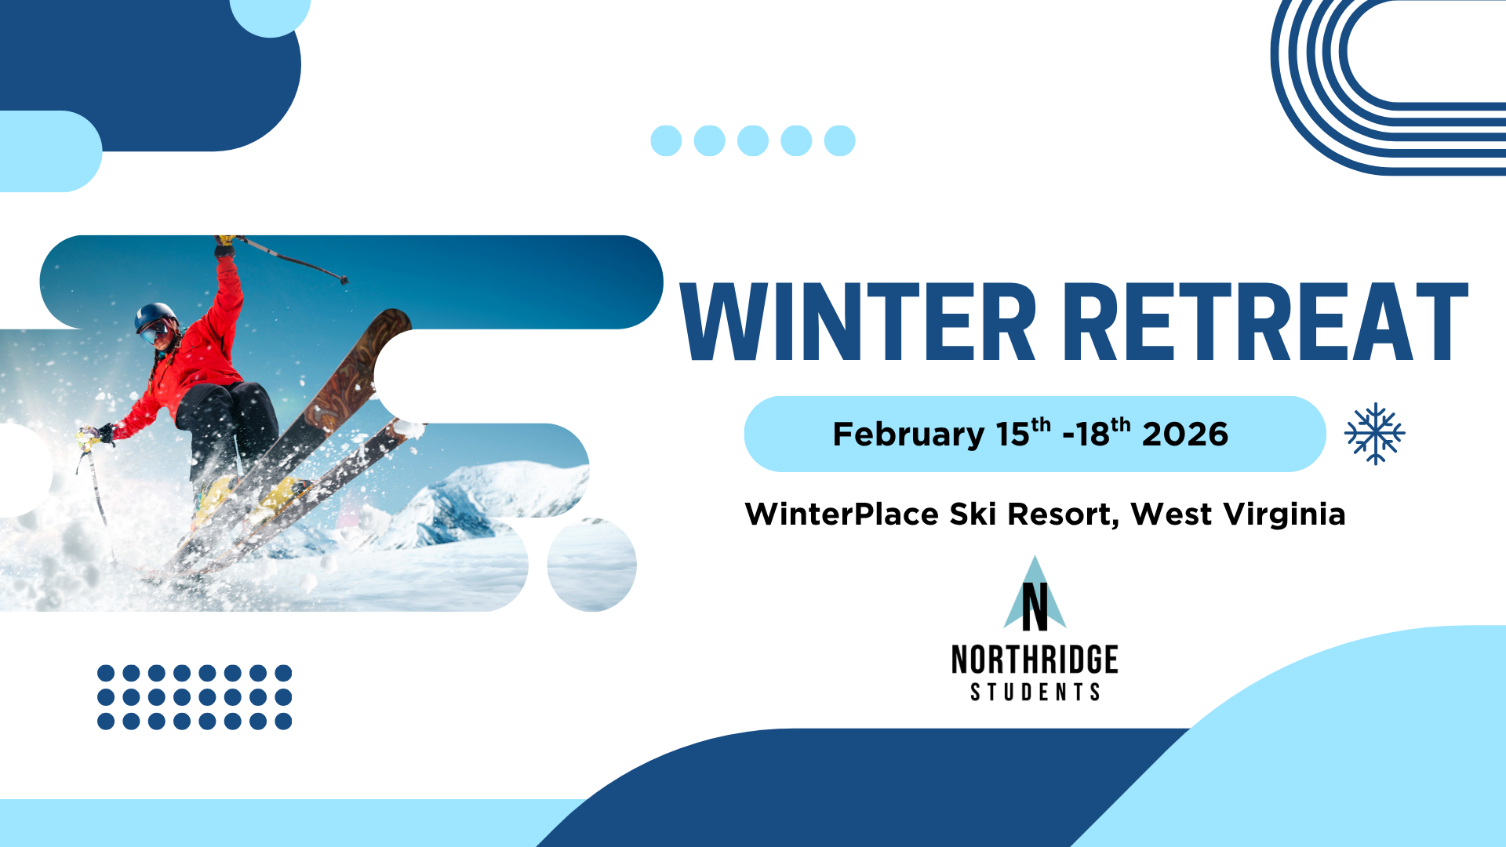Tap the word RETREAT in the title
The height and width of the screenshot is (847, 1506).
tap(1265, 322)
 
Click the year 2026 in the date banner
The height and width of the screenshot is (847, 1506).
tap(1185, 434)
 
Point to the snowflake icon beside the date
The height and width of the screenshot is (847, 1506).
tap(1375, 434)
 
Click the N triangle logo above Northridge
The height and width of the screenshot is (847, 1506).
tap(1035, 594)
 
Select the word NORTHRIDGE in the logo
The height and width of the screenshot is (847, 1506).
tap(1035, 660)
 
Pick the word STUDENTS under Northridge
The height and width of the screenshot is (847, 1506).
tap(1035, 692)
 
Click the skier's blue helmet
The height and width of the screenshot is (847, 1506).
tap(155, 315)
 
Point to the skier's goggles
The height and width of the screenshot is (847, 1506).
tap(154, 333)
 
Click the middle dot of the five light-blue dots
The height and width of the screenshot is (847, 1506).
tap(753, 141)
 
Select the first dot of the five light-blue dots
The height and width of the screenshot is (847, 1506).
tap(667, 141)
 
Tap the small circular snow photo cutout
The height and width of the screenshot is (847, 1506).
tap(592, 565)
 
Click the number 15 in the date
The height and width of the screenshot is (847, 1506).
tap(1012, 435)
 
